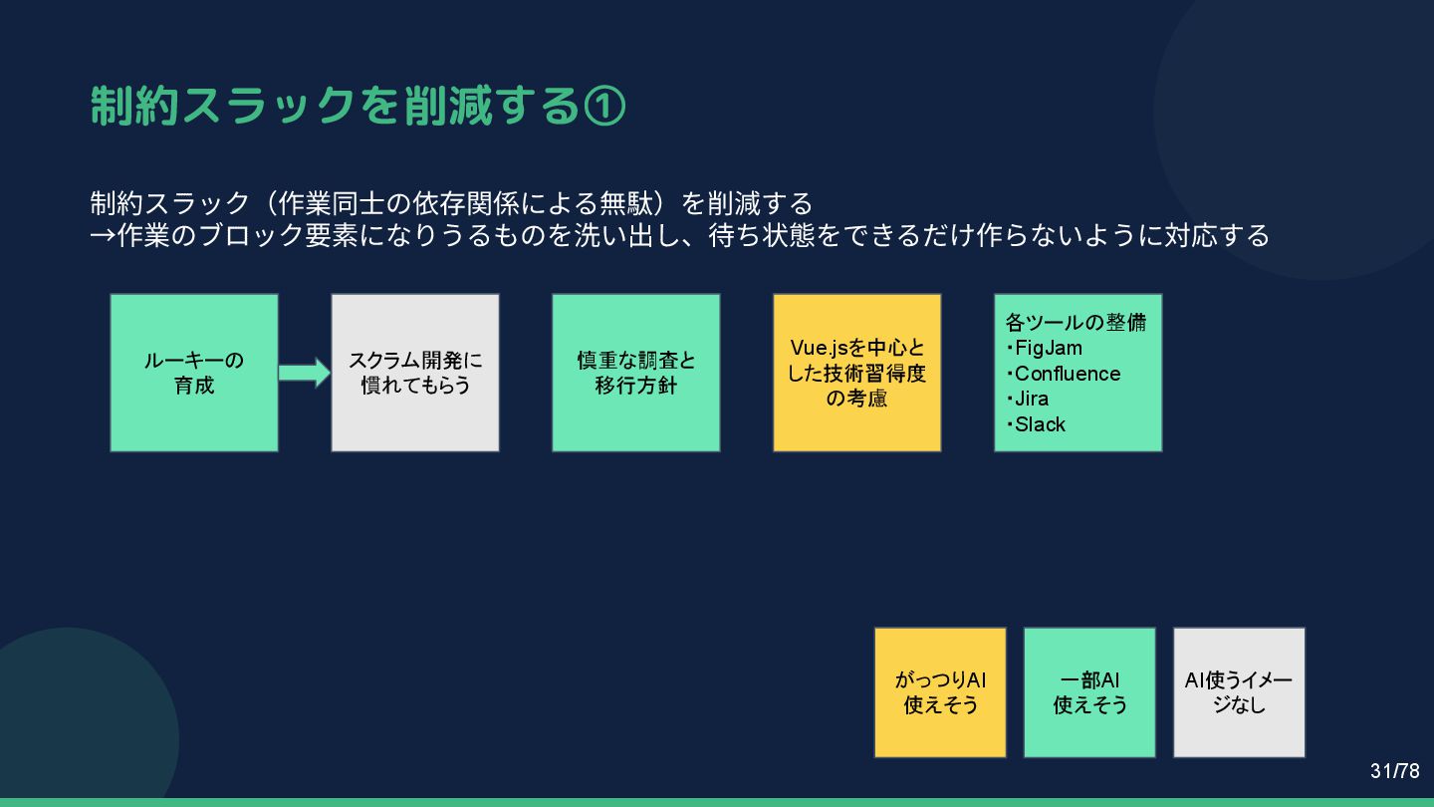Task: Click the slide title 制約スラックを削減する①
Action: pyautogui.click(x=357, y=106)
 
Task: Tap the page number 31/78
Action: pyautogui.click(x=1394, y=771)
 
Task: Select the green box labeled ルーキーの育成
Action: pyautogui.click(x=194, y=373)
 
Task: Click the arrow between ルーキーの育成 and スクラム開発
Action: pyautogui.click(x=304, y=373)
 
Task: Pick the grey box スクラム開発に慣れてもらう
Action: pyautogui.click(x=415, y=373)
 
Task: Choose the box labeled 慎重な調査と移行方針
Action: pyautogui.click(x=636, y=373)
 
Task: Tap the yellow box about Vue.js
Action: pyautogui.click(x=857, y=373)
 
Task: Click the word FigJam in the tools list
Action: pyautogui.click(x=1048, y=348)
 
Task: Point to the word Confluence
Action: pyautogui.click(x=1067, y=374)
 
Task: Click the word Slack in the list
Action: pyautogui.click(x=1040, y=424)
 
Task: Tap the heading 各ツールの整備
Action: pyautogui.click(x=1075, y=322)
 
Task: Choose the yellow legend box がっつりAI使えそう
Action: pyautogui.click(x=940, y=692)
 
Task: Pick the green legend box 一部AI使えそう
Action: pyautogui.click(x=1089, y=692)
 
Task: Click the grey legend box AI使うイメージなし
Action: pyautogui.click(x=1239, y=692)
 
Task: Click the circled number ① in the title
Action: pyautogui.click(x=604, y=106)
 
